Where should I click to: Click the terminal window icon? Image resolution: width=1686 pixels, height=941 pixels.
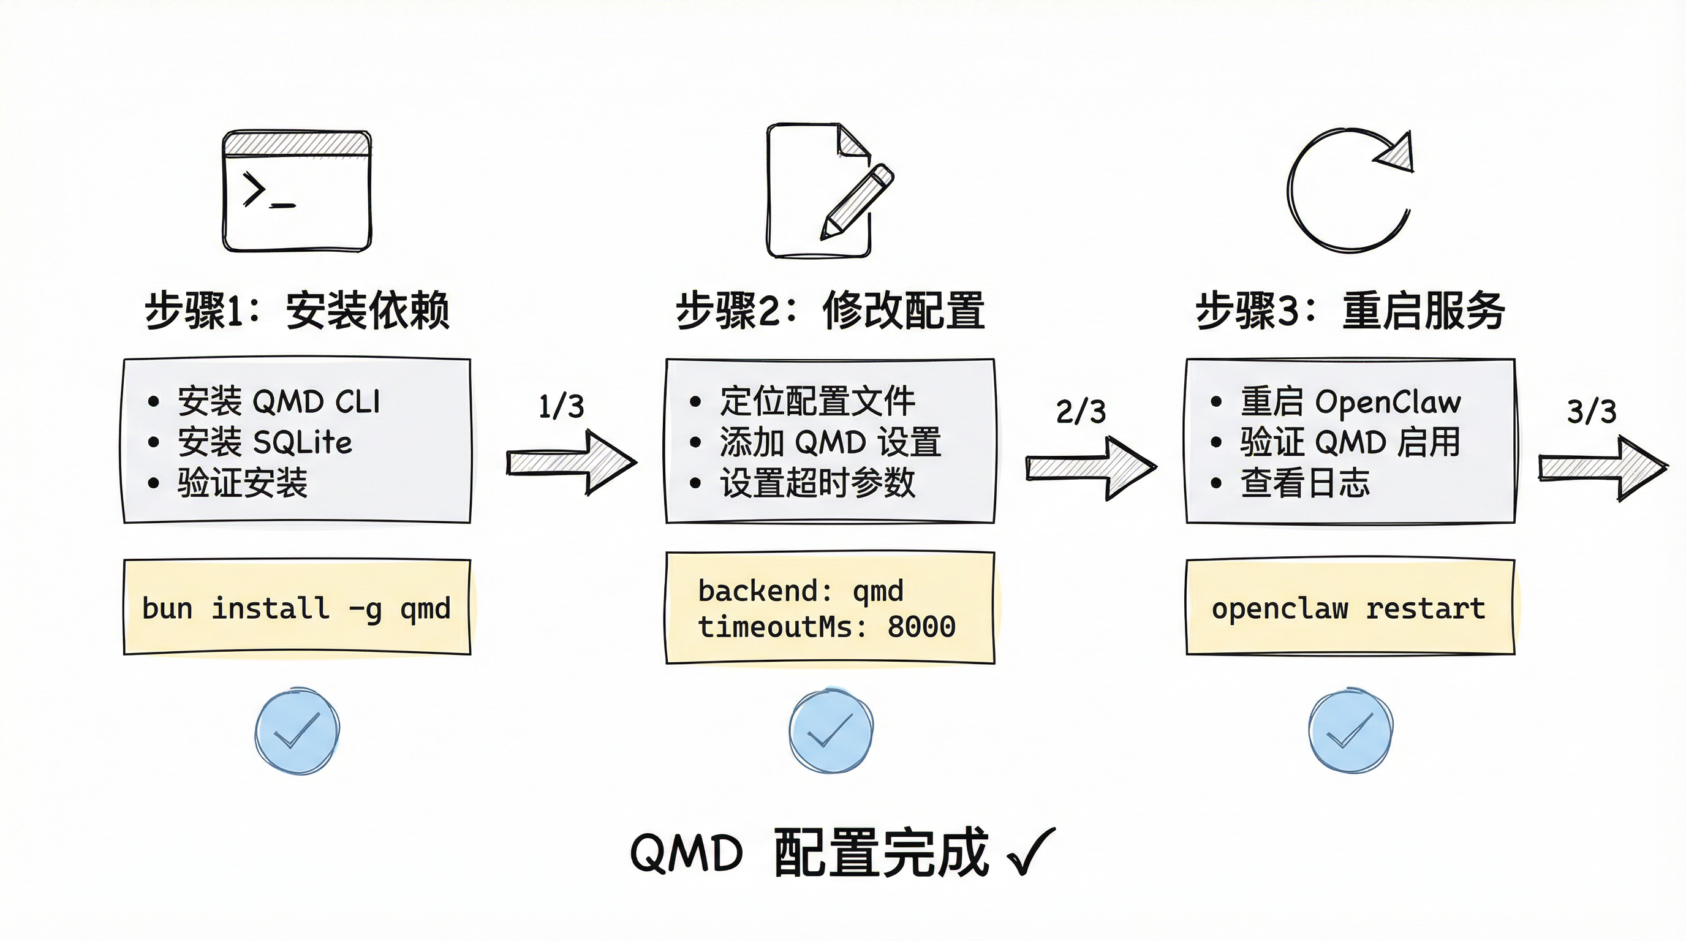point(297,191)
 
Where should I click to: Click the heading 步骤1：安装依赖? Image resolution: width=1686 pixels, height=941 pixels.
point(297,310)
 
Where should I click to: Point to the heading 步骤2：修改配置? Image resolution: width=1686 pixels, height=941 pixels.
point(830,310)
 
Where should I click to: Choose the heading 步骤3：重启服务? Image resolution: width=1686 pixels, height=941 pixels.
point(1350,310)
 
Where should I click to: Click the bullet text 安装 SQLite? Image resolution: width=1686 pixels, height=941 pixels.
point(265,442)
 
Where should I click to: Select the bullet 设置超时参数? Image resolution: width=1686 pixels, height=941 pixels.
point(817,483)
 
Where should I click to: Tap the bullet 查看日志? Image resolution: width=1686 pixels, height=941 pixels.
point(1304,483)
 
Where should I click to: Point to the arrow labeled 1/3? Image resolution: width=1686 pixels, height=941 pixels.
point(571,462)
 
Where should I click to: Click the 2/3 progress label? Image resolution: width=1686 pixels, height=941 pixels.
point(1081,412)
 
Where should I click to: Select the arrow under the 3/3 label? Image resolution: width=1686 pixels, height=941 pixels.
point(1602,469)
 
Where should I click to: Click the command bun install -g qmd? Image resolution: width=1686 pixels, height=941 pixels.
point(297,608)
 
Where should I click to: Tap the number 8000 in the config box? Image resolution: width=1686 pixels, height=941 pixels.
point(921,627)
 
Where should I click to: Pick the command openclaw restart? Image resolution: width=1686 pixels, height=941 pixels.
point(1348,608)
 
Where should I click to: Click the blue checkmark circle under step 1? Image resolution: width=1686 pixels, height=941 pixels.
point(297,730)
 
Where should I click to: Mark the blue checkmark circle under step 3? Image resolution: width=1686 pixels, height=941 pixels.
point(1350,730)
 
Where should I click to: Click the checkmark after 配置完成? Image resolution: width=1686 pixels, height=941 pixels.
point(1030,852)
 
